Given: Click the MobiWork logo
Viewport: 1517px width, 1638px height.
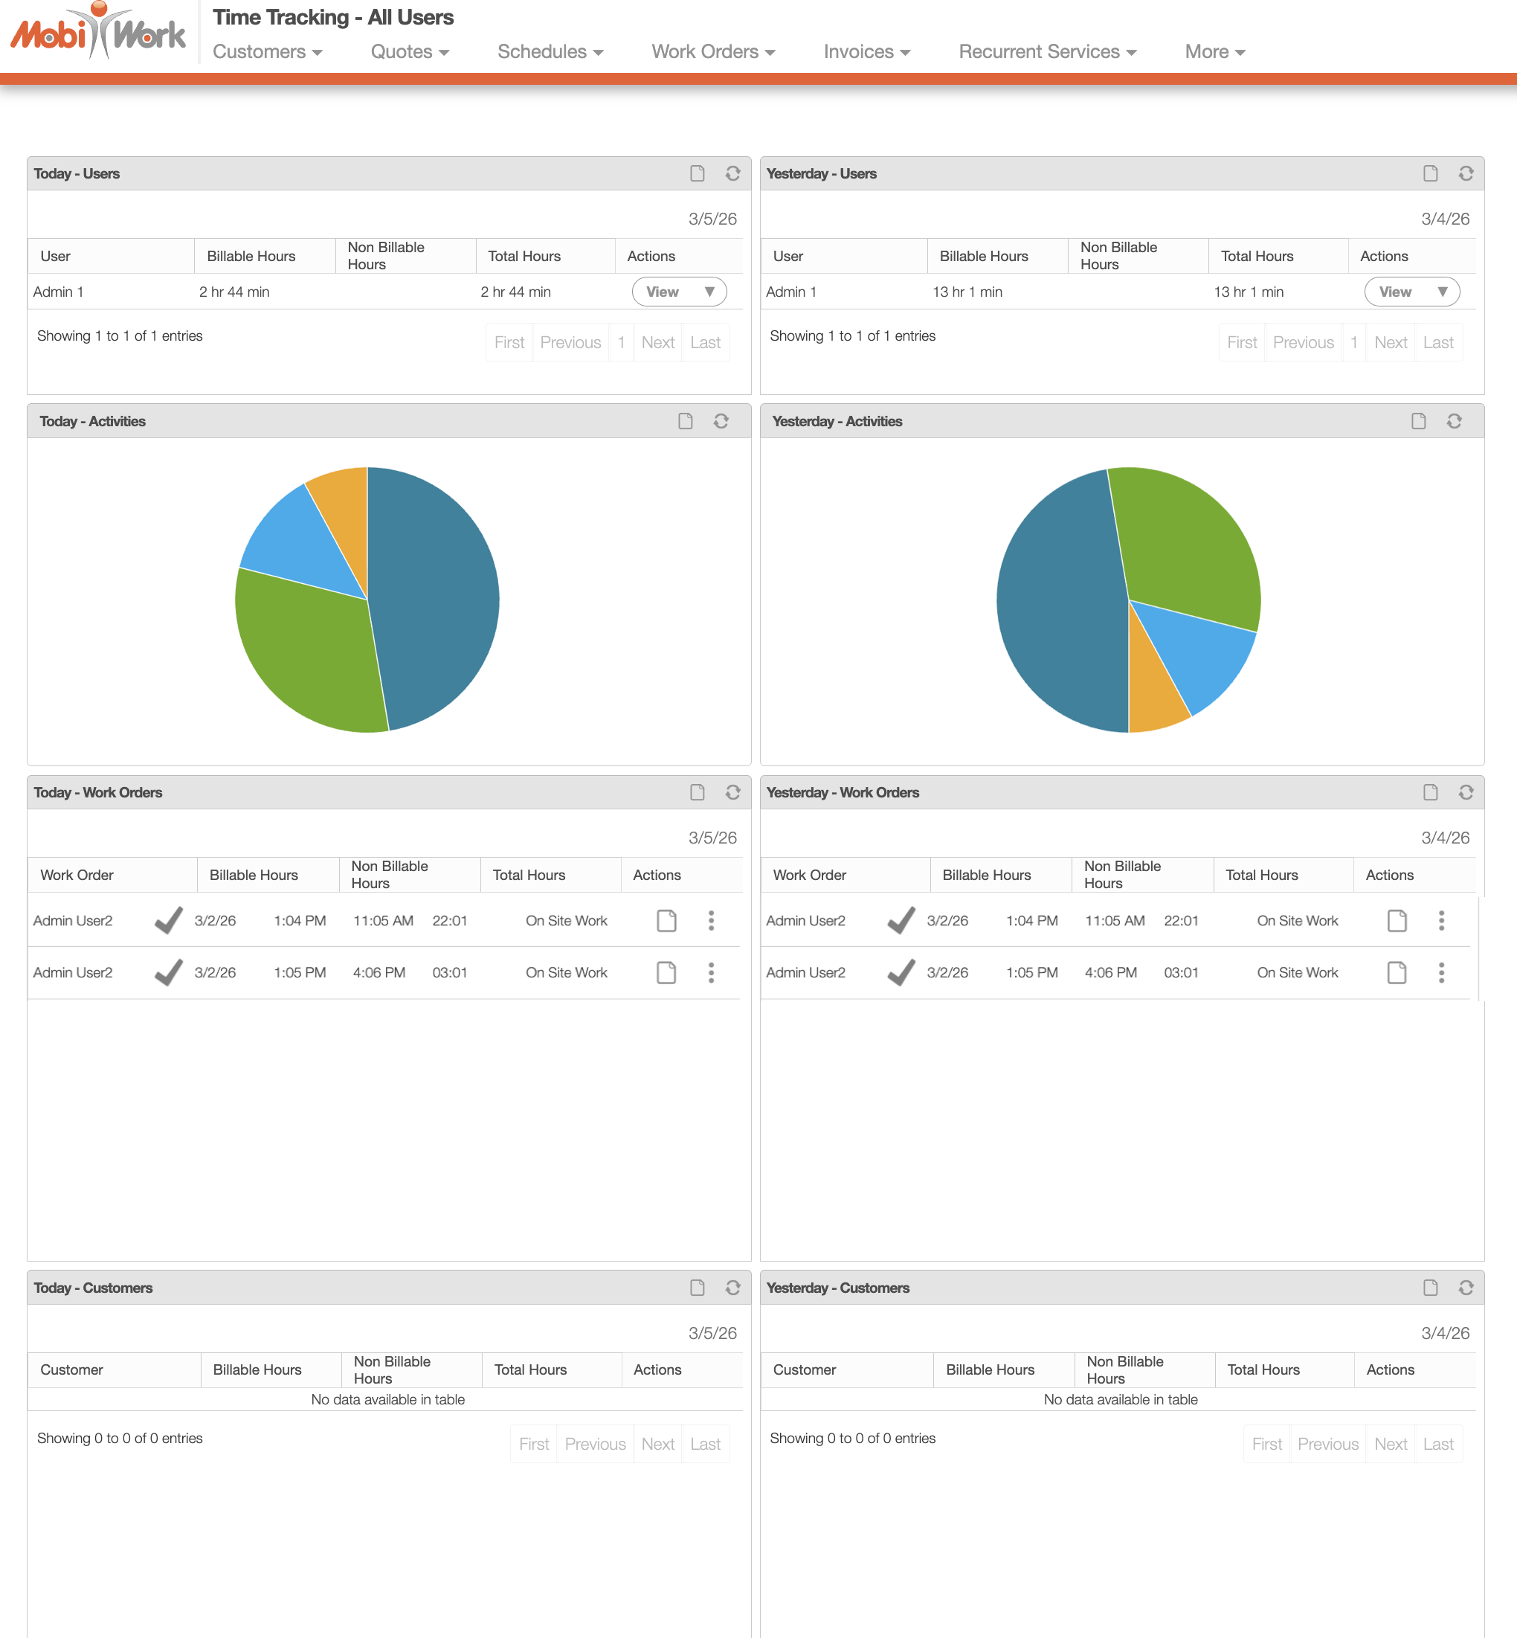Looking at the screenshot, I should (97, 33).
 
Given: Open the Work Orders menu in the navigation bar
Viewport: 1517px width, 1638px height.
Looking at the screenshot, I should (712, 52).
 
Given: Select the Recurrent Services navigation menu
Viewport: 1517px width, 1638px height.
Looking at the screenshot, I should (1046, 52).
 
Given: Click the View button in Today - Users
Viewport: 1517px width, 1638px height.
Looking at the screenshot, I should (679, 292).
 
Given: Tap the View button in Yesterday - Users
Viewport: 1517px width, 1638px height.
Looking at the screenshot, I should (1411, 292).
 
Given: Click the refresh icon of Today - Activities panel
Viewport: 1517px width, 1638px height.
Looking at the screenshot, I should (721, 421).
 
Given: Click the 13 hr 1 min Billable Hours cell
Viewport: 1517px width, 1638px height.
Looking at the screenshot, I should (967, 292).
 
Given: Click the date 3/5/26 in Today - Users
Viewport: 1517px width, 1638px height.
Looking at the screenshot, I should (712, 219).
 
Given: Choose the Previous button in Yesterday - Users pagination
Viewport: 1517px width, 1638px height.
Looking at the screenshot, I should (1303, 342).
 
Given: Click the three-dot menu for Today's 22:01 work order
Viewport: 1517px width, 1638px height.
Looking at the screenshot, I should (711, 920).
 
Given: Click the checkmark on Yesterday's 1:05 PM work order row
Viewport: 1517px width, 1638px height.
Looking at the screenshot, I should (901, 973).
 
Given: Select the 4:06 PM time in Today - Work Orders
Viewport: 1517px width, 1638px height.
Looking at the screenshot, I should (379, 973).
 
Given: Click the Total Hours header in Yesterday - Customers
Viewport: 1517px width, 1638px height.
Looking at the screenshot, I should (1263, 1369).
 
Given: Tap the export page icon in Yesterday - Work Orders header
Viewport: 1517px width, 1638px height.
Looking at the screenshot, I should (1430, 792).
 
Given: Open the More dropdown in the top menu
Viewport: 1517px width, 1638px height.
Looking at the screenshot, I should (1214, 52).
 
